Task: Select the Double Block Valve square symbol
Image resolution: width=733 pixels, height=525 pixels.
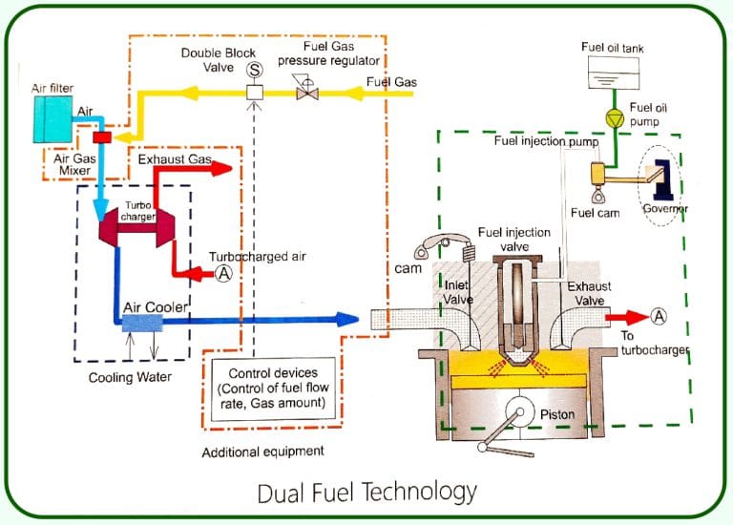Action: pos(255,94)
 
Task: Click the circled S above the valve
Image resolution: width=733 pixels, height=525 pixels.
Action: pos(255,70)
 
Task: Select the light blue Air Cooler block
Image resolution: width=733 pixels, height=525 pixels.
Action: pos(143,324)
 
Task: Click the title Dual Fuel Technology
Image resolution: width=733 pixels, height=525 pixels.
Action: pos(366,493)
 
